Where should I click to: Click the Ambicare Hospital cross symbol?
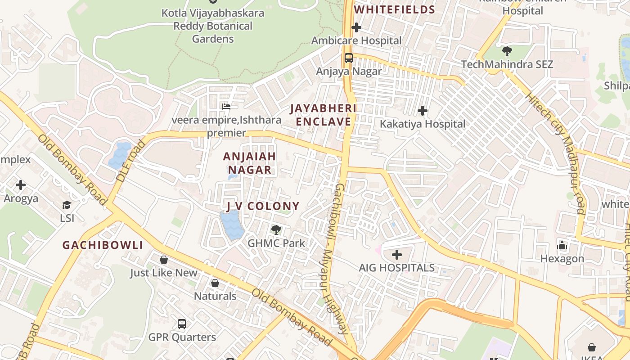point(356,28)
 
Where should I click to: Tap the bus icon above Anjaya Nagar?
point(349,58)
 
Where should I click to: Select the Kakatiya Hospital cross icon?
point(423,110)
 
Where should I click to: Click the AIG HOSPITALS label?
point(396,268)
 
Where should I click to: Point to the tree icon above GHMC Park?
point(276,230)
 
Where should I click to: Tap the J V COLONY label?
point(262,207)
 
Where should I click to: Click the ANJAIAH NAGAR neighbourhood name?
point(249,163)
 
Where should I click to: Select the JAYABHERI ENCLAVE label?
point(323,115)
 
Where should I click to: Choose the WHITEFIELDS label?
point(395,10)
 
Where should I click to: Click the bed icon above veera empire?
point(226,107)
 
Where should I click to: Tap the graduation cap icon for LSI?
point(67,205)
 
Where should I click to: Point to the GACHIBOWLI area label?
point(103,245)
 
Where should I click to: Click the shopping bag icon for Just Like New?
point(164,260)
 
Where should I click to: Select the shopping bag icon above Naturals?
point(215,283)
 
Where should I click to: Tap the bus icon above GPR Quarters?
point(182,324)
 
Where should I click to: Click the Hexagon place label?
point(562,259)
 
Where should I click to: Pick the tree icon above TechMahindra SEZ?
point(507,51)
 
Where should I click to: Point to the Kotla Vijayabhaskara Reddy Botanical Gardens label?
point(213,26)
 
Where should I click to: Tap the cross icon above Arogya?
point(21,185)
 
